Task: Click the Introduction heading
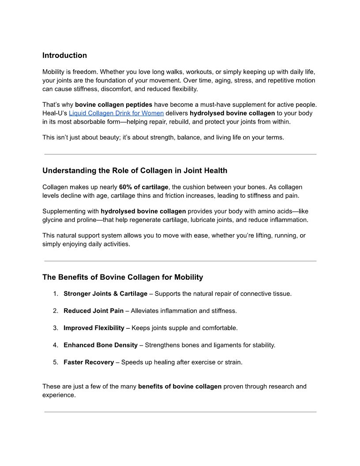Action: click(64, 55)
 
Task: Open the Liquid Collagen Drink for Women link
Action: click(116, 113)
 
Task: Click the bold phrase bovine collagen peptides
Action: click(113, 105)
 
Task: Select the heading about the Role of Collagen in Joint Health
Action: click(135, 170)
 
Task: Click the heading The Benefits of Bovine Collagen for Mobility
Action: click(123, 277)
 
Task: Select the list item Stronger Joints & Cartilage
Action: click(105, 293)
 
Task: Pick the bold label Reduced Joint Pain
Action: click(94, 311)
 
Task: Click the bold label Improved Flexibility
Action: click(94, 328)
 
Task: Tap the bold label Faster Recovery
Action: click(89, 362)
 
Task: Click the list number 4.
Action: click(56, 345)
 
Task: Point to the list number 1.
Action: click(56, 293)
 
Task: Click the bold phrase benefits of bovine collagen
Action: click(180, 387)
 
